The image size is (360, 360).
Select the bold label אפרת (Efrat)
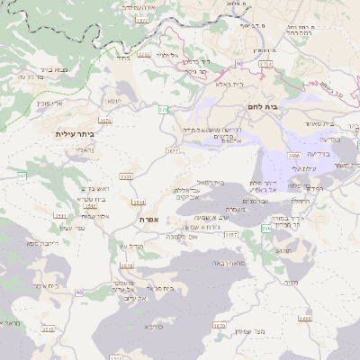tap(148, 219)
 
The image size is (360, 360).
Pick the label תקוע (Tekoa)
tap(291, 256)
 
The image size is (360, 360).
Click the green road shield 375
tap(163, 109)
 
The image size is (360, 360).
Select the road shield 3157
tap(206, 235)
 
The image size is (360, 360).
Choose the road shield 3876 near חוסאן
tap(104, 118)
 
